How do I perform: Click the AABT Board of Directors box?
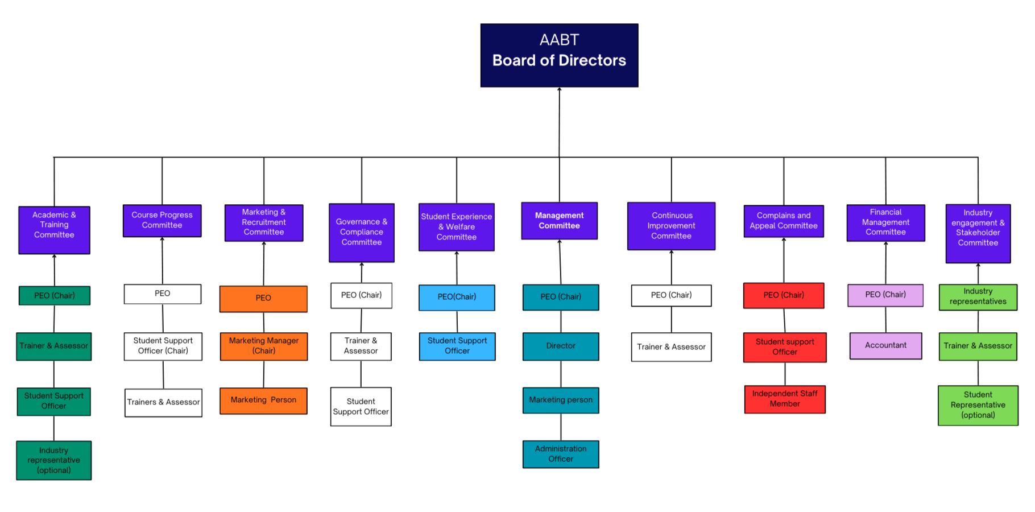click(559, 55)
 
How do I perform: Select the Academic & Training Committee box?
click(54, 230)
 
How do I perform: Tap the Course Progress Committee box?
click(162, 221)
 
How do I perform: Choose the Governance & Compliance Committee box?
click(362, 233)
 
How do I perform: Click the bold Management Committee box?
click(559, 221)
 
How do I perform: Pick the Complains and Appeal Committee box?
click(783, 221)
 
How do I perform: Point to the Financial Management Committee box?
click(885, 222)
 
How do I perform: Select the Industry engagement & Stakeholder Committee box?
click(978, 233)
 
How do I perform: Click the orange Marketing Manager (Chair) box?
click(264, 346)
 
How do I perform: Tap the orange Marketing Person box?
click(263, 400)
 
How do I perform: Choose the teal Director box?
click(561, 346)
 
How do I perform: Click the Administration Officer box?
click(561, 454)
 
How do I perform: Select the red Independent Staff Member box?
click(785, 399)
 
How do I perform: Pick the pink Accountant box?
click(885, 345)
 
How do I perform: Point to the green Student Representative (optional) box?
click(978, 405)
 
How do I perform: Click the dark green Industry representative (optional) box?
click(54, 460)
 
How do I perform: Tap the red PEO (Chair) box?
click(783, 295)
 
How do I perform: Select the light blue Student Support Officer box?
click(457, 346)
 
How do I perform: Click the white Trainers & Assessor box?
click(163, 402)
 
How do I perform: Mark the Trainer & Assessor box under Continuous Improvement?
click(671, 347)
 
